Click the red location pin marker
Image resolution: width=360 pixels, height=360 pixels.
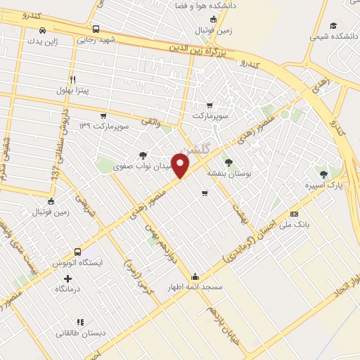[x=181, y=166]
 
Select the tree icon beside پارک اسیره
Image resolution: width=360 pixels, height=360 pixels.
[x=323, y=174]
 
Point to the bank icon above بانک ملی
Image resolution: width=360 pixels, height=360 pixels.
[x=294, y=214]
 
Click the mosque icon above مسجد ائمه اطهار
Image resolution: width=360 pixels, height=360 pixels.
[x=195, y=276]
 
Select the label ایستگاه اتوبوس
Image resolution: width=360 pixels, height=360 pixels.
[x=78, y=262]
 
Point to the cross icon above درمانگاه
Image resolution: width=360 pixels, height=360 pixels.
[x=67, y=279]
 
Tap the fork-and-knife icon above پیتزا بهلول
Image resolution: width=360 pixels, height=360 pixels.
[x=72, y=79]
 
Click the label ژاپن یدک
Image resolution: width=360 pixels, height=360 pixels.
[x=42, y=41]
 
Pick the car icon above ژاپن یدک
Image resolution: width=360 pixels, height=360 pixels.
[x=43, y=30]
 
